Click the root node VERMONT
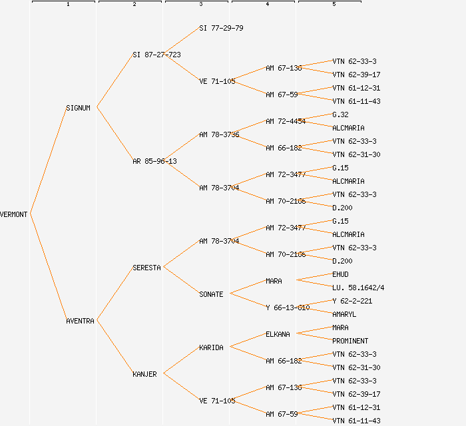coord(14,214)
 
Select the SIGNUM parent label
coord(78,108)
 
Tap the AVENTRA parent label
coord(80,321)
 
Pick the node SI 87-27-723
coord(156,55)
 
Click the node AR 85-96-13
coord(154,161)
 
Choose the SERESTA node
coord(146,268)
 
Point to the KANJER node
coord(144,374)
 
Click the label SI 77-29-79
coord(221,28)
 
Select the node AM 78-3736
coord(219,134)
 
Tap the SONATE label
coord(211,294)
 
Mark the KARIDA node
coord(211,347)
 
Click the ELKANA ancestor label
coord(278,334)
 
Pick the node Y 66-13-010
coord(288,308)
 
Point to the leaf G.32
coord(340,114)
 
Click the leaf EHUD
coord(340,274)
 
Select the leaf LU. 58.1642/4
coord(358,288)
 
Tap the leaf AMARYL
coord(344,314)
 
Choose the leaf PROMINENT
coord(350,341)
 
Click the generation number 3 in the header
coord(201,5)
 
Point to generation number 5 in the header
coord(334,5)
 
